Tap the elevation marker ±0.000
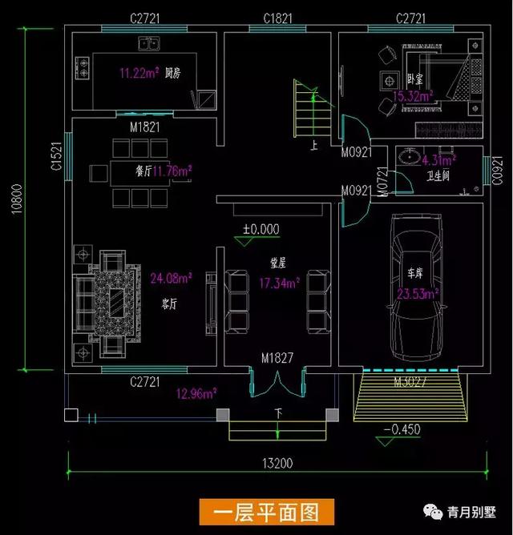tap(261, 229)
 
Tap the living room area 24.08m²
tap(171, 279)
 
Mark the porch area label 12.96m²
tap(196, 393)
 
